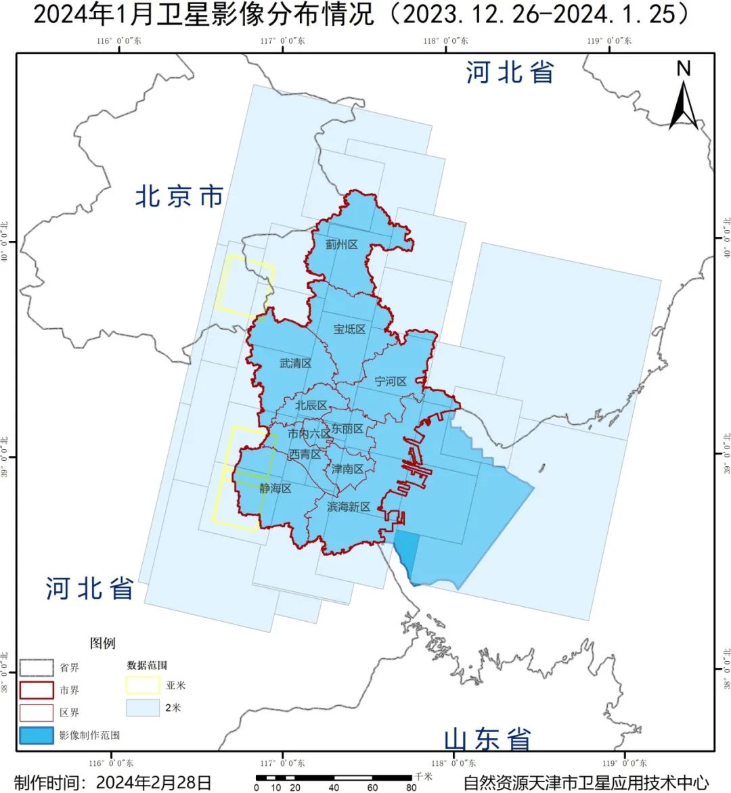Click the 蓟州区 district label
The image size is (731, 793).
click(x=341, y=244)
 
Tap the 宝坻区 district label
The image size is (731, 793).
click(x=349, y=329)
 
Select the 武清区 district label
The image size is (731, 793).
click(x=295, y=363)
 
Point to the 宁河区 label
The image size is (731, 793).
click(x=391, y=382)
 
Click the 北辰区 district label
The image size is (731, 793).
click(x=311, y=405)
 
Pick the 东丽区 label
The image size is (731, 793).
click(x=348, y=429)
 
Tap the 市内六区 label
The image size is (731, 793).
click(x=309, y=434)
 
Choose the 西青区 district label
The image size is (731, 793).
click(x=305, y=455)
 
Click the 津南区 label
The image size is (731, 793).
click(x=348, y=468)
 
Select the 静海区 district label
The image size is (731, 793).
click(x=275, y=488)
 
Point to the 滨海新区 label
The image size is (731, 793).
click(x=348, y=507)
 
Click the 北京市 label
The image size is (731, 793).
click(x=179, y=197)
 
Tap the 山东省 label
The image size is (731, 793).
click(x=487, y=740)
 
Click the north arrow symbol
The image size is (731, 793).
click(x=684, y=98)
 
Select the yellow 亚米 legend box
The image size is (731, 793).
click(x=143, y=685)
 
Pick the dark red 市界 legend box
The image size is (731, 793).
click(x=37, y=690)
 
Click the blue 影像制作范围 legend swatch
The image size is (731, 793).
click(x=37, y=735)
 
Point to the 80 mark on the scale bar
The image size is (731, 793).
click(x=411, y=788)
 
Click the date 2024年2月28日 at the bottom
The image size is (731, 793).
click(x=154, y=782)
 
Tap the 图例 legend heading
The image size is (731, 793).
click(x=103, y=643)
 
